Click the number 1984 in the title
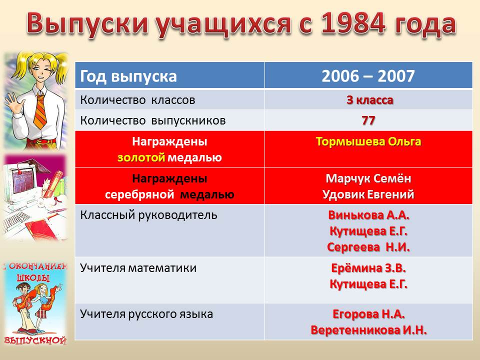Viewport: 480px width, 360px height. tap(353, 23)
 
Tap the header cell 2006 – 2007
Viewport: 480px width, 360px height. tap(368, 76)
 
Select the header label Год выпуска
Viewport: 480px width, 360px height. tap(128, 76)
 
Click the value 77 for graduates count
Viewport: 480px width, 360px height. tap(368, 120)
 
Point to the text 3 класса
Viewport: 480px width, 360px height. tap(370, 100)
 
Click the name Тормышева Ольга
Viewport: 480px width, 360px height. tap(368, 141)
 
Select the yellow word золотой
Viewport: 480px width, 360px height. tap(141, 157)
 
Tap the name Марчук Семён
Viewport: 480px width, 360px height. tap(368, 178)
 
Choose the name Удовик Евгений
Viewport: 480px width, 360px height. tap(368, 194)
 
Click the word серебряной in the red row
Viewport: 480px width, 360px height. tap(139, 194)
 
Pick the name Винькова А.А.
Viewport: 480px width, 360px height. tap(368, 215)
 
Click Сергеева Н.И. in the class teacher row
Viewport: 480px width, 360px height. tap(368, 247)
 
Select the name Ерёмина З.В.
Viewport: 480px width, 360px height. tap(368, 268)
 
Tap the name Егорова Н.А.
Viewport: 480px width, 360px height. tap(368, 314)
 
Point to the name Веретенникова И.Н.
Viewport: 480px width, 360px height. tap(368, 330)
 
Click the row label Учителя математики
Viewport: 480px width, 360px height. tap(138, 268)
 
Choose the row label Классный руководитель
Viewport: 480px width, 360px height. tap(149, 215)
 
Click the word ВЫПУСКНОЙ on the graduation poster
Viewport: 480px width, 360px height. tap(35, 340)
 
